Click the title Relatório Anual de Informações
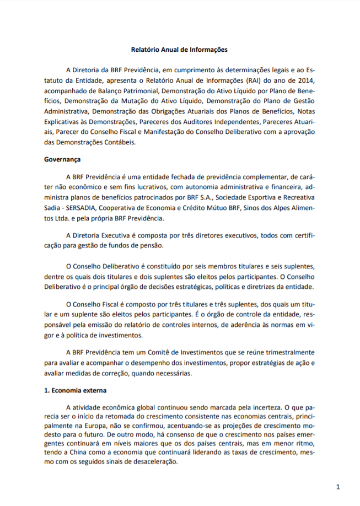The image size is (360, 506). click(180, 50)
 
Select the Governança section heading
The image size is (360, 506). click(62, 160)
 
